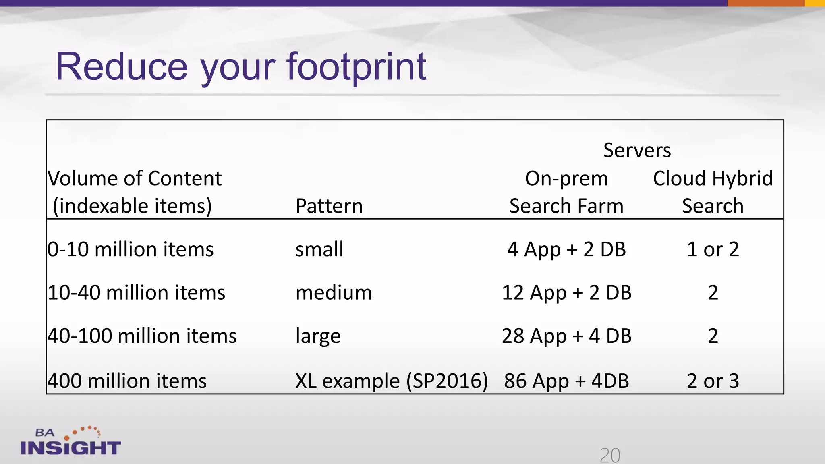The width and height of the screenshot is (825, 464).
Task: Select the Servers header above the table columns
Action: coord(637,151)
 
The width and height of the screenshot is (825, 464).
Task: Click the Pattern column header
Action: coord(329,206)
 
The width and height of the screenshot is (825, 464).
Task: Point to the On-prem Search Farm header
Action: coord(566,192)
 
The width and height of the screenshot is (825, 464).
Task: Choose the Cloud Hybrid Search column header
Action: coord(713,192)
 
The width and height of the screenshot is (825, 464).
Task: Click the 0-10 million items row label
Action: coord(131,249)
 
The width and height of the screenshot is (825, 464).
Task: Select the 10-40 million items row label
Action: coord(136,292)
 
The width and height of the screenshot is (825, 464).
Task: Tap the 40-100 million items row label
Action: coord(142,336)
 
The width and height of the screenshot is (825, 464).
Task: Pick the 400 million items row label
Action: coord(127,381)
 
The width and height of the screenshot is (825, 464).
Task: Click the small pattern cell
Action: coord(319,249)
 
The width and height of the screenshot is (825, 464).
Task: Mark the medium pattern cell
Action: coord(334,292)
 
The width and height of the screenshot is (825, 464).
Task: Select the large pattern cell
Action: coord(318,336)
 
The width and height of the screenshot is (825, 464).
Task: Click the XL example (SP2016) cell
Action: coord(392,381)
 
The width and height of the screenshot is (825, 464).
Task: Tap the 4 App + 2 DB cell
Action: coord(566,249)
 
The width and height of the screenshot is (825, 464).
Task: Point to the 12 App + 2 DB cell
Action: coord(566,292)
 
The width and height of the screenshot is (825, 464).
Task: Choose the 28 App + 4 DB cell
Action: coord(566,336)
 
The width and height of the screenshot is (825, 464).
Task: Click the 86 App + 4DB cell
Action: coord(566,381)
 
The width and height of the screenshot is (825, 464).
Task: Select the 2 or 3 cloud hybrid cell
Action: coord(713,381)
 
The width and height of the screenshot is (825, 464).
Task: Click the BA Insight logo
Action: coord(70,441)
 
